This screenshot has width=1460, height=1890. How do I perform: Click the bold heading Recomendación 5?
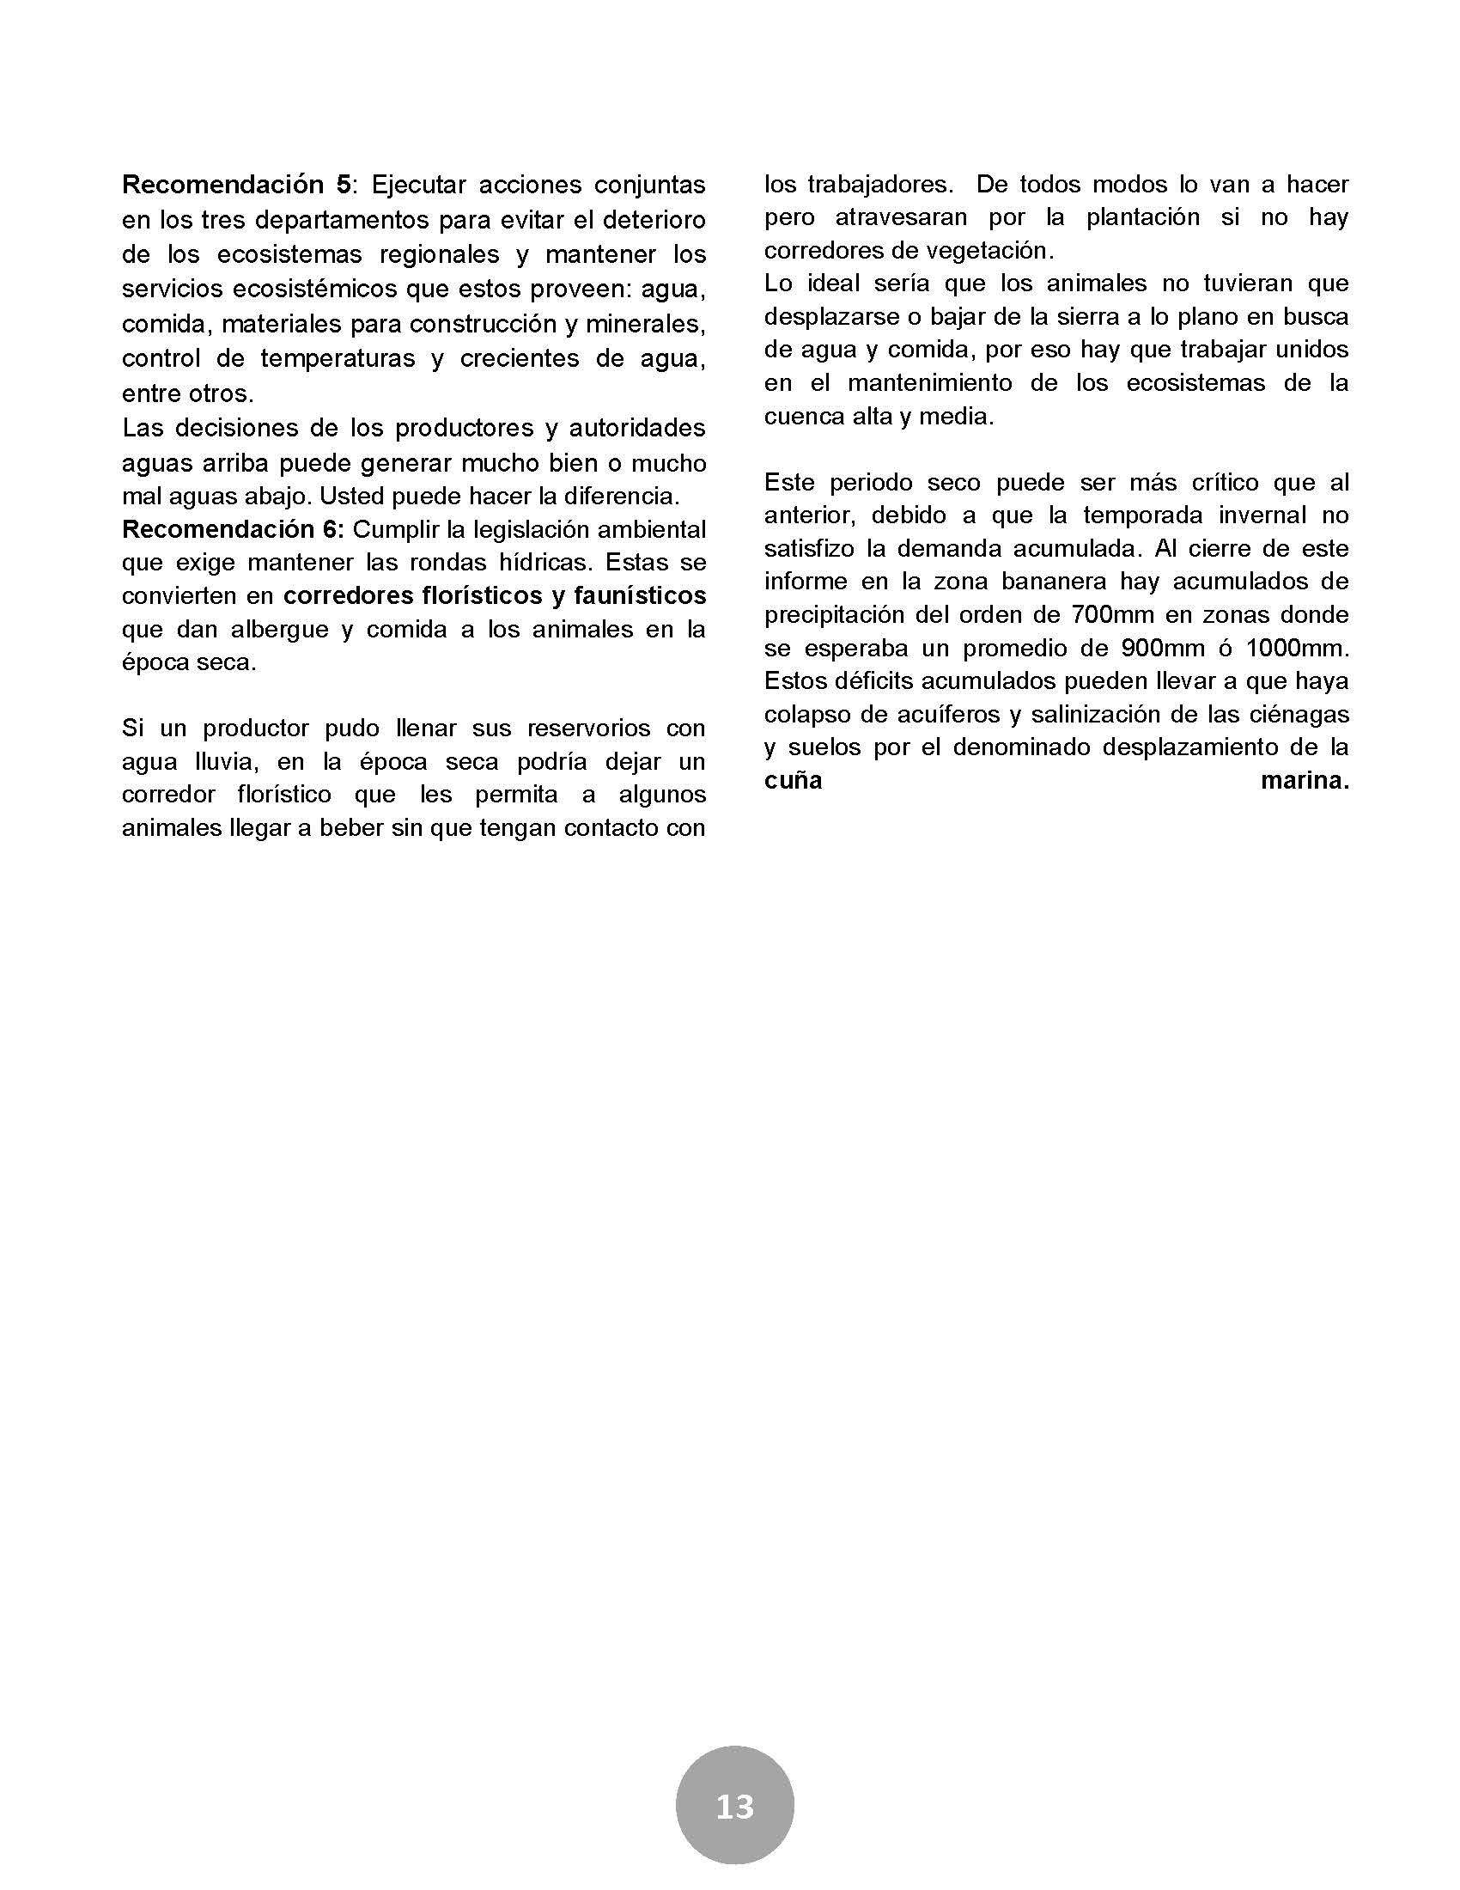[237, 185]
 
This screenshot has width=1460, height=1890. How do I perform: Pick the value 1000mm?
[1294, 648]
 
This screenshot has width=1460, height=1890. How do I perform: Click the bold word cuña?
[793, 781]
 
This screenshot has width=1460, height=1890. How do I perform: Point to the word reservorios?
[588, 728]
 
